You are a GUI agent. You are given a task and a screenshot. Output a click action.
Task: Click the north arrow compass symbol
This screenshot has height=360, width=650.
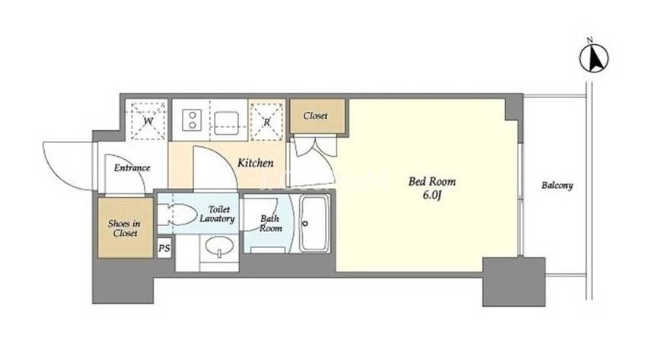pyautogui.click(x=594, y=59)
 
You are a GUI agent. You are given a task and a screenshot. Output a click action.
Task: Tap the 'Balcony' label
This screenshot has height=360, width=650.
pyautogui.click(x=557, y=186)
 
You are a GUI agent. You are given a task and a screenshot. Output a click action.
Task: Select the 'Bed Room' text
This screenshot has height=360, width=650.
pyautogui.click(x=432, y=182)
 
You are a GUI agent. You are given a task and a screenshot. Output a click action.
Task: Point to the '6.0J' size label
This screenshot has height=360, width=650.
pyautogui.click(x=432, y=196)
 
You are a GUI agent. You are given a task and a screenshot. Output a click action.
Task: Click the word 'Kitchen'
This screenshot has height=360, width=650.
pyautogui.click(x=256, y=163)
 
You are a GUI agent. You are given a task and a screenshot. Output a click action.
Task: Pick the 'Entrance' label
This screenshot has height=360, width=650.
pyautogui.click(x=132, y=168)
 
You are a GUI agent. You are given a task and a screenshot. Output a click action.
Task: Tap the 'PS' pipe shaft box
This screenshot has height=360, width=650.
pyautogui.click(x=164, y=248)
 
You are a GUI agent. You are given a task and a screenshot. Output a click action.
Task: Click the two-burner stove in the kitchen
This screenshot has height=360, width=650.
pyautogui.click(x=193, y=119)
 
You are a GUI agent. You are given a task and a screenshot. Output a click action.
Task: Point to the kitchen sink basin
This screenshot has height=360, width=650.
pyautogui.click(x=226, y=123)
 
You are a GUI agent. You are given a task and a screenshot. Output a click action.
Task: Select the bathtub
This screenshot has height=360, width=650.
pyautogui.click(x=314, y=224)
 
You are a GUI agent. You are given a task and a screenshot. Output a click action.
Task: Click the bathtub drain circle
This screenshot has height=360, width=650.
pyautogui.click(x=305, y=224)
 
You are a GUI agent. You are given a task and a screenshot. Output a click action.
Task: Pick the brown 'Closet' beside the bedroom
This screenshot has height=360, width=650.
pyautogui.click(x=317, y=116)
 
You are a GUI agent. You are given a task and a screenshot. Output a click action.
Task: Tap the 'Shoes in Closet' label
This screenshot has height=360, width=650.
pyautogui.click(x=125, y=228)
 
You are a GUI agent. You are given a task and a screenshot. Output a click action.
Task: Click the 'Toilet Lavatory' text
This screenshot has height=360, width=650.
pyautogui.click(x=217, y=215)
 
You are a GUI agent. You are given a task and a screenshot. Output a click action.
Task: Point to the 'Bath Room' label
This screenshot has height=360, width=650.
pyautogui.click(x=270, y=224)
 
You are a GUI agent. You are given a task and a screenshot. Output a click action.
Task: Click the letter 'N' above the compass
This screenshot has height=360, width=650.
pyautogui.click(x=590, y=40)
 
